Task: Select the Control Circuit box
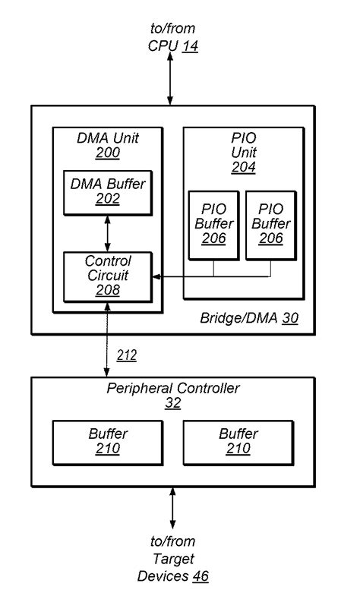click(x=107, y=275)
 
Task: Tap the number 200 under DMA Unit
click(x=107, y=153)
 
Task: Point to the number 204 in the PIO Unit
click(x=244, y=167)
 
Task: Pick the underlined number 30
click(x=289, y=318)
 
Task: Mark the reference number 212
click(x=127, y=355)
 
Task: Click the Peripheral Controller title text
click(x=173, y=389)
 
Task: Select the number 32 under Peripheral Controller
click(x=173, y=403)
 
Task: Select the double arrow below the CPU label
click(x=172, y=80)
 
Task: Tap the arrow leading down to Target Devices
click(x=173, y=509)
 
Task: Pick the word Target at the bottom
click(x=172, y=559)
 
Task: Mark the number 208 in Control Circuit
click(x=107, y=289)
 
